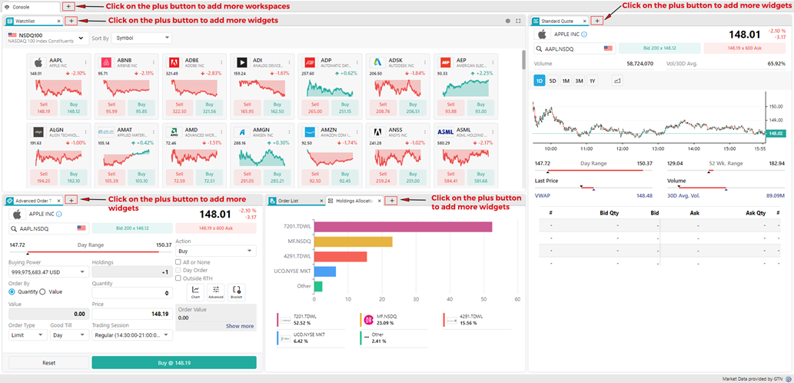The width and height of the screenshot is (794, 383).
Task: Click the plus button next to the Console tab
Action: [x=68, y=6]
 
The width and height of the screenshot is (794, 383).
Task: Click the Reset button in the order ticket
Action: [x=48, y=362]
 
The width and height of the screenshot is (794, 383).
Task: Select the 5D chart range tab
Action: [x=553, y=81]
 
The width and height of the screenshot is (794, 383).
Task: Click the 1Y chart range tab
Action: [x=592, y=81]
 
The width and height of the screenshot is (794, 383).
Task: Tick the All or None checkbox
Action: [x=179, y=262]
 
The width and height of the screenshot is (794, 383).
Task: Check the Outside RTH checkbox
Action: [x=179, y=278]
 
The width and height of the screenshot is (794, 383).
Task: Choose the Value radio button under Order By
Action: [x=45, y=291]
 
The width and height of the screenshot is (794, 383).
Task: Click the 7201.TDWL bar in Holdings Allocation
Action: [x=403, y=227]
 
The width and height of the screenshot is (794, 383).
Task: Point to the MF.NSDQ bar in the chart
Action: [x=353, y=241]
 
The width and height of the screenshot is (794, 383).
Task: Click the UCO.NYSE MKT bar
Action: [x=324, y=271]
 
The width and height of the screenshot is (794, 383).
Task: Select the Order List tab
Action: [x=293, y=201]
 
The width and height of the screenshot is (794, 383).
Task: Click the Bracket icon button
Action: [x=237, y=291]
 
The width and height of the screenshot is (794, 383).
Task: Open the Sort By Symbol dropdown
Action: [x=142, y=38]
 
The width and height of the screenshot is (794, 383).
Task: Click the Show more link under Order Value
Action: [x=239, y=326]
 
